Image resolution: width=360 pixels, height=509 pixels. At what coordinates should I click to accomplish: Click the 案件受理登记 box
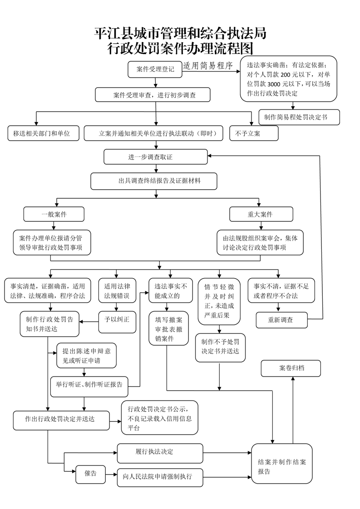155,69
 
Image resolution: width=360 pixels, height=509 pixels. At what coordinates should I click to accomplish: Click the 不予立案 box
247,133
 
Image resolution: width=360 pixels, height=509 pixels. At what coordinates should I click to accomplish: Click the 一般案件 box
54,214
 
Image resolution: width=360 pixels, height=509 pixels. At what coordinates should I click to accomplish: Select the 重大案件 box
257,214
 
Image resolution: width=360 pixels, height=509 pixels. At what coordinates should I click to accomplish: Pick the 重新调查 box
281,319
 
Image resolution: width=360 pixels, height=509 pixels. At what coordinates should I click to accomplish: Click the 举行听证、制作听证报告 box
89,385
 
